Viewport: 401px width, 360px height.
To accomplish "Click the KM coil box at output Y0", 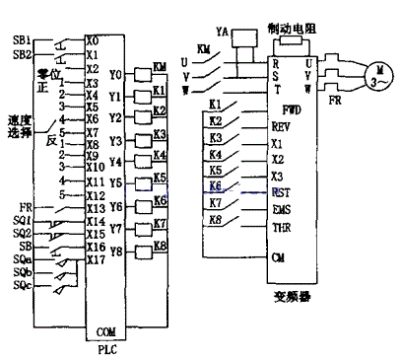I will [x=159, y=68].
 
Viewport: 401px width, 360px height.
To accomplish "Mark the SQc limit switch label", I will [x=22, y=287].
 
